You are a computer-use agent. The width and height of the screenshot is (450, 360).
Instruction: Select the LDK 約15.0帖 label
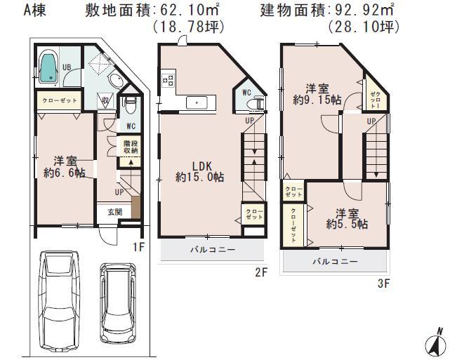coord(199,171)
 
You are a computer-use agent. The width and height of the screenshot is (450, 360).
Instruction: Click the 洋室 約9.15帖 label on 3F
coord(315,94)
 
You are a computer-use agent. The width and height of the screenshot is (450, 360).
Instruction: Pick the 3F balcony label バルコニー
coord(334,261)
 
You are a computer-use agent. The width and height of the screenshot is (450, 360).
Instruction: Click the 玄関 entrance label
coord(114,211)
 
